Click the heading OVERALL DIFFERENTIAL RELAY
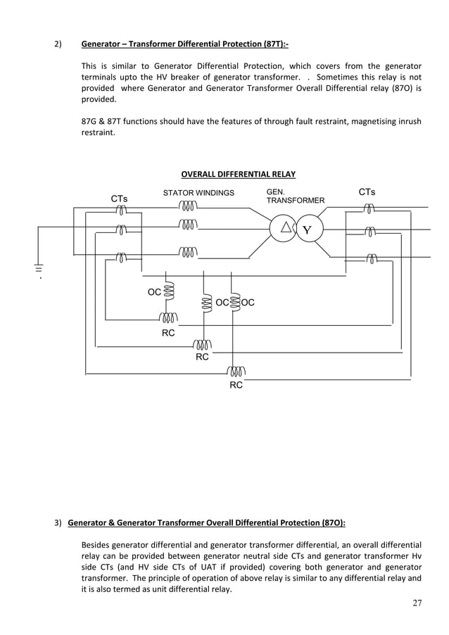coord(238,175)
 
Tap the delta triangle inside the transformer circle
coord(286,227)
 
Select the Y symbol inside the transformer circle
coord(307,231)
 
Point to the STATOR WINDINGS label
coord(198,192)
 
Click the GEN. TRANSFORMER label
coord(295,196)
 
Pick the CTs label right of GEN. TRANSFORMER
coord(367,191)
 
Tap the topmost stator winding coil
coord(188,206)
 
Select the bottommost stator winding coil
coord(188,251)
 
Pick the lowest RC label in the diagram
coord(236,385)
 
